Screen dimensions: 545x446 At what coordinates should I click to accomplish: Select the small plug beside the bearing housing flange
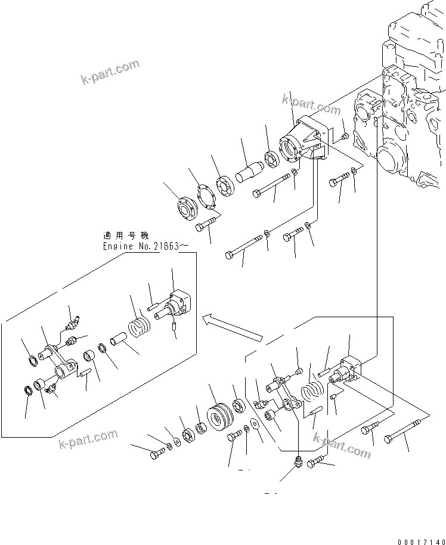pos(345,138)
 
